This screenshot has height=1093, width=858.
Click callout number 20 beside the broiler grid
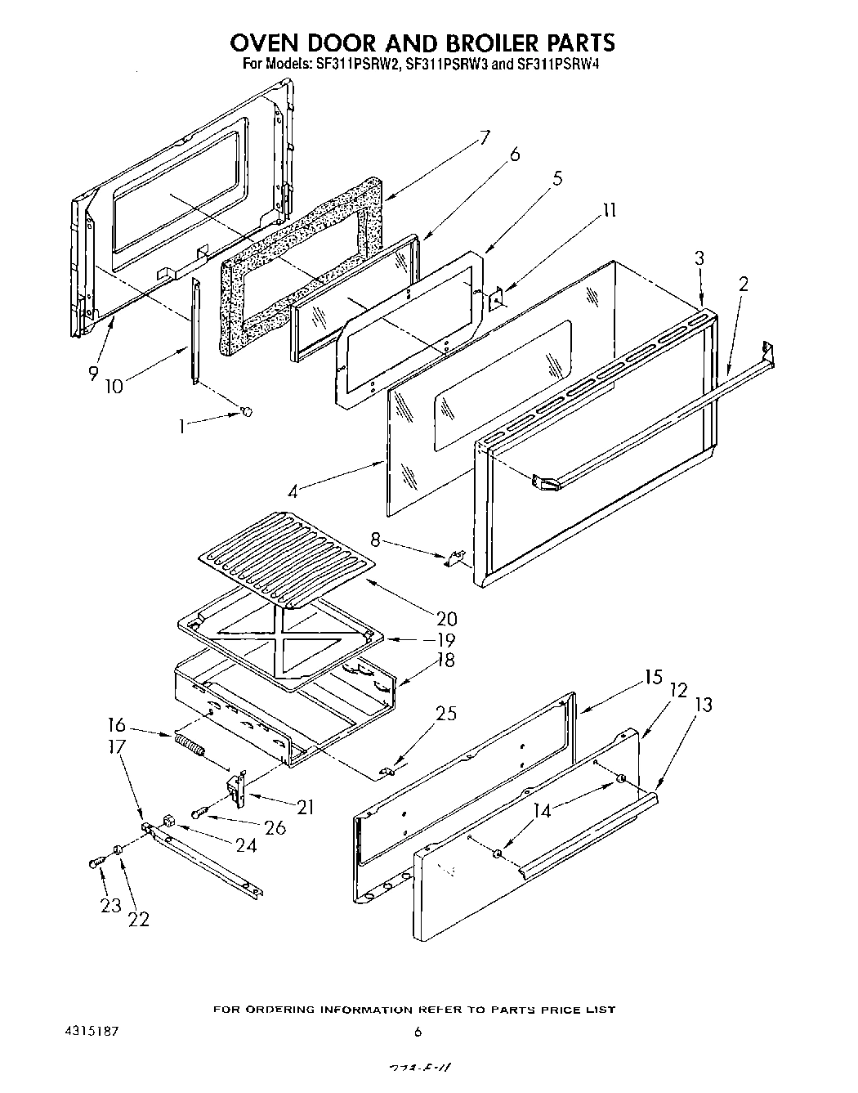[x=445, y=619]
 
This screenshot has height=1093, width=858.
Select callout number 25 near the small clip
[x=446, y=713]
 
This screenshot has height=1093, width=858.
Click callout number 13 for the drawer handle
[x=703, y=704]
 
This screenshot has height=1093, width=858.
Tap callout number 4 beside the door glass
[x=292, y=492]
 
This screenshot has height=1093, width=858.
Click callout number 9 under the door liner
[x=92, y=373]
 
